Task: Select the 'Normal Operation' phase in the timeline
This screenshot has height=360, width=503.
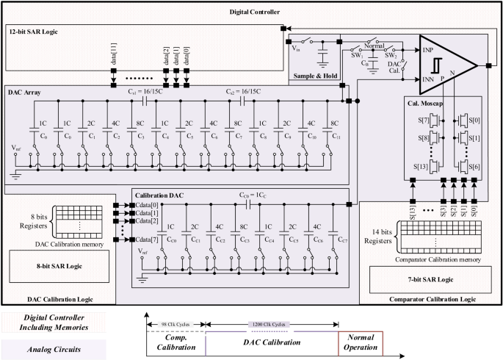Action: pyautogui.click(x=362, y=342)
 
